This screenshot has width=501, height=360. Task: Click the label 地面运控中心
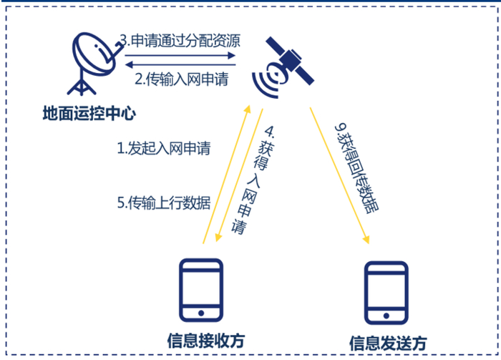coord(89,112)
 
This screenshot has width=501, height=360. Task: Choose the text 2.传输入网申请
coord(181,79)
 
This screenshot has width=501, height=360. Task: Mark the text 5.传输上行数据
coord(164,203)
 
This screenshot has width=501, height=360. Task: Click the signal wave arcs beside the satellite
coord(272,81)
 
